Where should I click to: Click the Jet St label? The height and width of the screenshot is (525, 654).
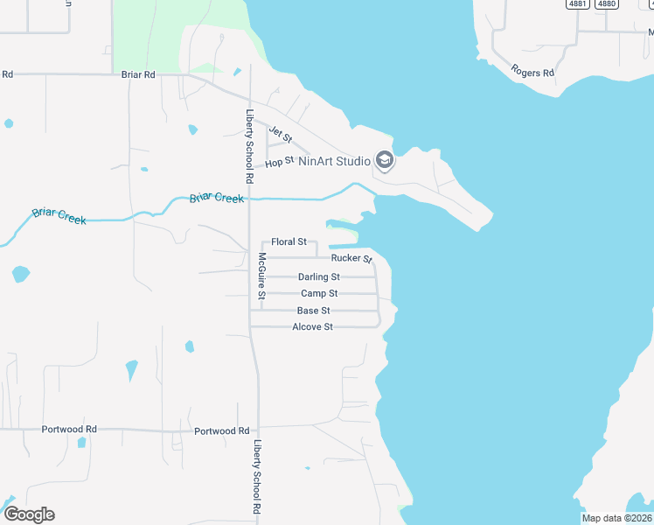point(280,134)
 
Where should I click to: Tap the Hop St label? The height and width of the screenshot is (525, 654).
point(279,162)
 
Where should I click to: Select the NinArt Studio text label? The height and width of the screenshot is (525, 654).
point(335,161)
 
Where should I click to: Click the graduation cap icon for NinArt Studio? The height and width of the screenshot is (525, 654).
point(384,161)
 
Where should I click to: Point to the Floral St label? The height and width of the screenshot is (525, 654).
point(289,241)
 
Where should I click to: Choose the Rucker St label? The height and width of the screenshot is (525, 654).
point(351,258)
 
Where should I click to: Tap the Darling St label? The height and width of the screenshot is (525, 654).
point(318,277)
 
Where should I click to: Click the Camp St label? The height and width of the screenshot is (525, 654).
point(319,294)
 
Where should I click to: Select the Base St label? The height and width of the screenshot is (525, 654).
point(313,311)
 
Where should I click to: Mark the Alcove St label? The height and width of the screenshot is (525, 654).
point(312,327)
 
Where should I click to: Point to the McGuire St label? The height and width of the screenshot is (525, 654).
point(261,276)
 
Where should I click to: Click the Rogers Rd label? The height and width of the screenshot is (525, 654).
point(532,72)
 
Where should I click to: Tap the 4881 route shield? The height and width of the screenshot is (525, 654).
point(577,3)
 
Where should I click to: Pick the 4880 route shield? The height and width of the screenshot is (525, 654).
point(606,3)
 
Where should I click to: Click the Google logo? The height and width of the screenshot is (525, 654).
point(29,514)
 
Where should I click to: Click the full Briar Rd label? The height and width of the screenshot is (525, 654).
point(137,75)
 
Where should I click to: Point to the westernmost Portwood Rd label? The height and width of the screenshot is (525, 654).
point(69,430)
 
